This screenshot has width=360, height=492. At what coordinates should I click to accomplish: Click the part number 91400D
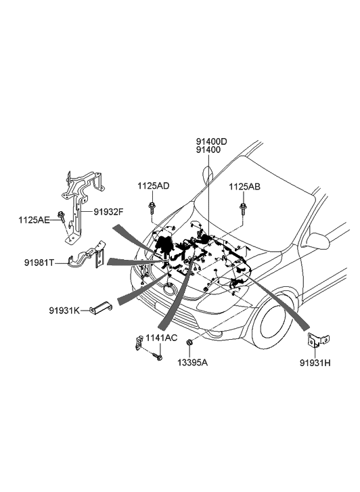point(211,141)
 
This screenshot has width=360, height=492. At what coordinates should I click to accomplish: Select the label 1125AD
point(153,186)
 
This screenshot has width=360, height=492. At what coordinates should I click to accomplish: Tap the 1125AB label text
point(244,187)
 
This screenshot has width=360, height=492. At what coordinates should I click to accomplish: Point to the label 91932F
point(108,212)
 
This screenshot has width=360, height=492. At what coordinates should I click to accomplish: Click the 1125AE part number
point(34,220)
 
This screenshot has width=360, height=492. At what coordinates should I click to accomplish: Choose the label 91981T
point(39,263)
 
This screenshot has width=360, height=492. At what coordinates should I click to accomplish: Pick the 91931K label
point(64,311)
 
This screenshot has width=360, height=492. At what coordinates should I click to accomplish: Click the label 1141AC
point(161,338)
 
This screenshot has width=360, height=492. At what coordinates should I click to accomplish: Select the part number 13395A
point(192,363)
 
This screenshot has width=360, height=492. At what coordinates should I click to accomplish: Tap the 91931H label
point(315,363)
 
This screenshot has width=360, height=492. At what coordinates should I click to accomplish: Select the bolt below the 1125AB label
point(243,209)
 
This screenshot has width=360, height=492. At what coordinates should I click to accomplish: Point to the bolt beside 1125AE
point(61,217)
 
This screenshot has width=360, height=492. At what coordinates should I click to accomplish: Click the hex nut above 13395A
point(189,342)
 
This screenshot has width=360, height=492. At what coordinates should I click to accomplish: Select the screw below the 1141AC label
point(157,357)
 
